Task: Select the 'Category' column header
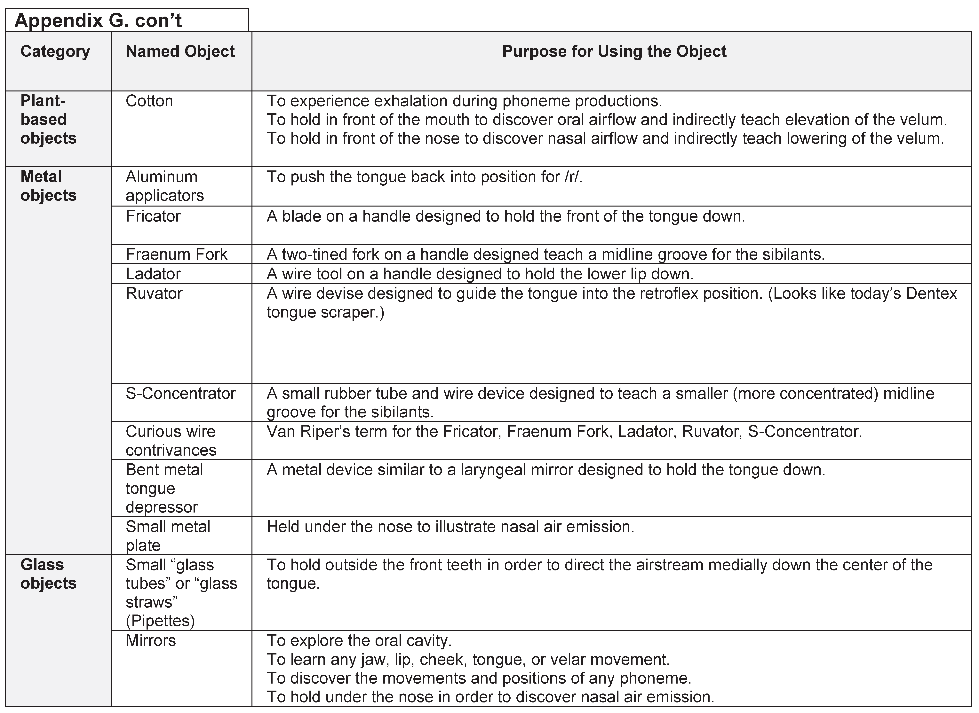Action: (x=55, y=51)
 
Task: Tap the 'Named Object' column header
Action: (x=180, y=51)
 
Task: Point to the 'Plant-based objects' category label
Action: (x=48, y=120)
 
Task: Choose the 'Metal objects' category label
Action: (x=48, y=186)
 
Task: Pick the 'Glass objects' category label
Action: (x=48, y=574)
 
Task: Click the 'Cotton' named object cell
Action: (x=149, y=101)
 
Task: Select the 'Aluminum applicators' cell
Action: (x=164, y=186)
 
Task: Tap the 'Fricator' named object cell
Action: (x=153, y=216)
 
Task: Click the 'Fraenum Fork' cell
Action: (x=176, y=254)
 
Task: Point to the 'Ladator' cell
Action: (x=153, y=274)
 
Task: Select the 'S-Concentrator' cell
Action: (x=180, y=393)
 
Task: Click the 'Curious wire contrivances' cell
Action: (x=171, y=441)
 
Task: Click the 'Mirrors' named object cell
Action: (x=151, y=640)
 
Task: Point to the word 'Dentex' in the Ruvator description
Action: (x=932, y=294)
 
